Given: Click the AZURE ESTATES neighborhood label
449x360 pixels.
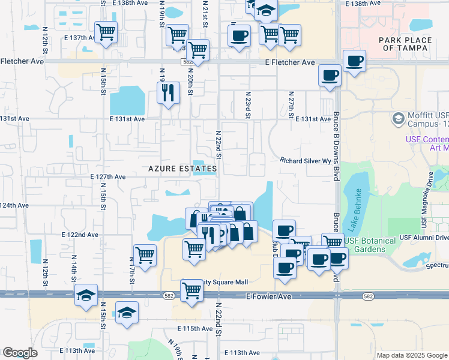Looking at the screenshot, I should [x=182, y=169].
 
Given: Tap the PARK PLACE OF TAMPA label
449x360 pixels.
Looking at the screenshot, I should [x=405, y=44].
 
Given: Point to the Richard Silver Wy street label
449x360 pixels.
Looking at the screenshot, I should [x=305, y=160].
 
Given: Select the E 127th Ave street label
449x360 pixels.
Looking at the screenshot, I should [x=107, y=177].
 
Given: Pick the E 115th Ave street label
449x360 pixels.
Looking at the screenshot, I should [x=196, y=329].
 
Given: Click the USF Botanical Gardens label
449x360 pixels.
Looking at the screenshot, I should [x=370, y=245].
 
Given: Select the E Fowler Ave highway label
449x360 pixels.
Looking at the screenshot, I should [x=272, y=296].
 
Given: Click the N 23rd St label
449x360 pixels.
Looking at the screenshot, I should [x=247, y=104].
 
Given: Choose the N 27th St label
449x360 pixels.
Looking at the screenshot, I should [x=291, y=104].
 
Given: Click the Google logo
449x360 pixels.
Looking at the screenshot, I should [x=20, y=353].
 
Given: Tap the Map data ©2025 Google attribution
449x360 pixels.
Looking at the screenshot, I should [x=411, y=355].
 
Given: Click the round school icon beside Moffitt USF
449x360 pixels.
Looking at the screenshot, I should [x=397, y=118].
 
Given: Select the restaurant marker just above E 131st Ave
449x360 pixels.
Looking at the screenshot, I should [x=167, y=92].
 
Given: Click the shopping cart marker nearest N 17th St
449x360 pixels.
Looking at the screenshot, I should [x=145, y=254].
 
